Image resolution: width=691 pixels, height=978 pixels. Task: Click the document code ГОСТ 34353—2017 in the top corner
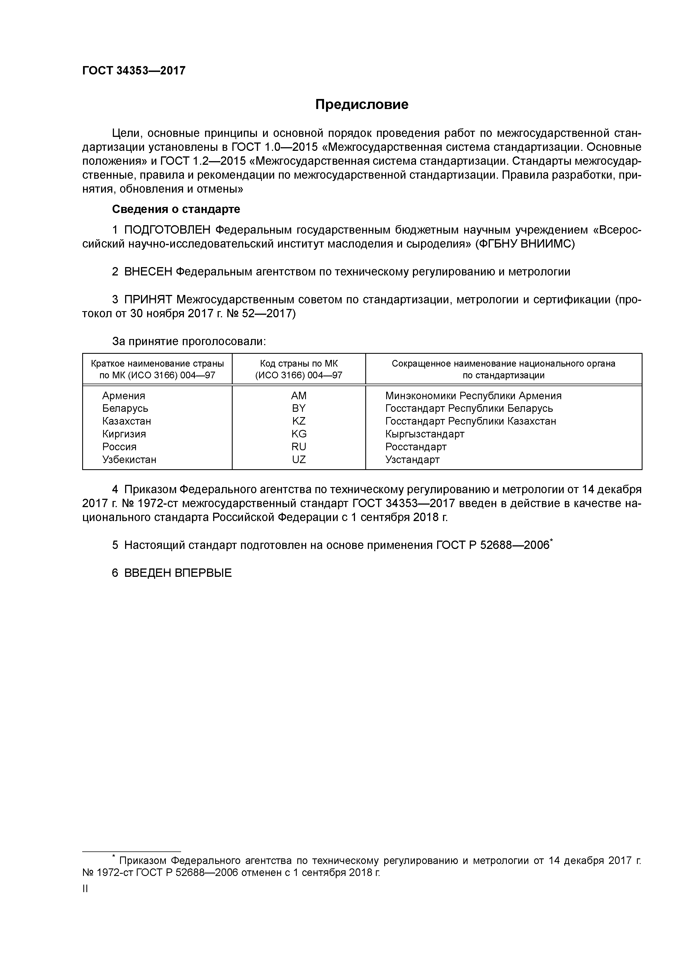point(134,71)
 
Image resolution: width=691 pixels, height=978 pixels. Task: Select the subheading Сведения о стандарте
point(176,209)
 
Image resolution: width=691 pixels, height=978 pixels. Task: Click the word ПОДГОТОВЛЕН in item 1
point(167,230)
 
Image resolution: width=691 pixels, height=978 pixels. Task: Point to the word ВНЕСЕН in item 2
point(148,272)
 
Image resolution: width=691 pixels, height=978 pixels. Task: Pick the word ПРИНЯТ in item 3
point(148,300)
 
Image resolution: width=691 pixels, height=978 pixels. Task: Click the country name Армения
point(123,396)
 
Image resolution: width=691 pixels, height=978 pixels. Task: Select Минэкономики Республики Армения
point(473,396)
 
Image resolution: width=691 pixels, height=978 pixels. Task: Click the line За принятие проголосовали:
point(189,341)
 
